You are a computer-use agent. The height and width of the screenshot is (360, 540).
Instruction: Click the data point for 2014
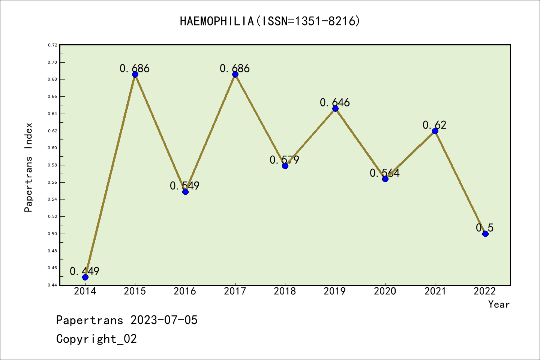(x=85, y=277)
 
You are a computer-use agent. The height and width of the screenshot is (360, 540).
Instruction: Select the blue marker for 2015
(x=135, y=74)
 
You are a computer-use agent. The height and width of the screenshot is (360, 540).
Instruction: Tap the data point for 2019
(x=335, y=109)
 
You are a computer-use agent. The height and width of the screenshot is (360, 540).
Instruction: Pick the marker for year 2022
(x=485, y=234)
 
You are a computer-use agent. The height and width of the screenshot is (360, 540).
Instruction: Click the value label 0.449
(x=85, y=271)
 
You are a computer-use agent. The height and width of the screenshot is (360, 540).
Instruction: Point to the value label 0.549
(x=184, y=186)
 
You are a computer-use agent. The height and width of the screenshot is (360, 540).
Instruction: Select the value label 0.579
(x=284, y=160)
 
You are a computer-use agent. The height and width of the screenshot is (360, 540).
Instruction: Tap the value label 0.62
(x=435, y=125)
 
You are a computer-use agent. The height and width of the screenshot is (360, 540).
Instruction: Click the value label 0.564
(x=385, y=173)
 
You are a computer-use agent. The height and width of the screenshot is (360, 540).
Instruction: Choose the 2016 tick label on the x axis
(x=185, y=291)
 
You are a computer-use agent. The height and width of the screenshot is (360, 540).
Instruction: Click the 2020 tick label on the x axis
(x=385, y=291)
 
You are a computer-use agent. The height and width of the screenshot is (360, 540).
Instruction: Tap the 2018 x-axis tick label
(x=285, y=291)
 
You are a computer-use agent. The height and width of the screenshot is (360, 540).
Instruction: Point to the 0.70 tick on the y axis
(x=52, y=62)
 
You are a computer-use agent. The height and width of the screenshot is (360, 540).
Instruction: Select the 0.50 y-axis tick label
(x=52, y=234)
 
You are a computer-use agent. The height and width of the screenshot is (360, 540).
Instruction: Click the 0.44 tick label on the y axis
(x=52, y=285)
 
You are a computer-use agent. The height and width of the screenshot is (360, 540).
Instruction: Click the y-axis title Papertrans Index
(x=28, y=167)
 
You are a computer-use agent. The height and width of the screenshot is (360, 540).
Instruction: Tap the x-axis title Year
(x=499, y=304)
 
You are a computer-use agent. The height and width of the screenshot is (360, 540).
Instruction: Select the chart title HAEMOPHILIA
(x=270, y=21)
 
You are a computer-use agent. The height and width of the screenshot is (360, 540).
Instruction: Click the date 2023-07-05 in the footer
(x=164, y=320)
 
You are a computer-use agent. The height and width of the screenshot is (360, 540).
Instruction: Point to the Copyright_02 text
(x=96, y=339)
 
